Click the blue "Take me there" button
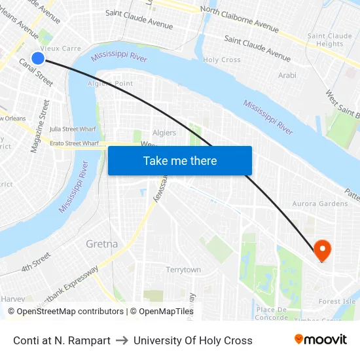[x=180, y=161]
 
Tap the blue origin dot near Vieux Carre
[x=38, y=58]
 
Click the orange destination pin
[x=322, y=250]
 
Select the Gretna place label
[x=102, y=244]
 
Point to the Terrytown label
[x=183, y=270]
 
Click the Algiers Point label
[x=111, y=84]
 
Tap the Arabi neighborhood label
[x=287, y=76]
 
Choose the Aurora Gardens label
[x=320, y=204]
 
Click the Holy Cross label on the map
[x=222, y=60]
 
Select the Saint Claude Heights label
[x=330, y=40]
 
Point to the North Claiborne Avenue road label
[x=240, y=20]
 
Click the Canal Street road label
[x=37, y=73]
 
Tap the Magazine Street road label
[x=40, y=126]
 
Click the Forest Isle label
[x=338, y=302]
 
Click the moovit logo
[x=320, y=340]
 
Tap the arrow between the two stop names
[x=122, y=340]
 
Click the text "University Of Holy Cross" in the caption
[x=193, y=340]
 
